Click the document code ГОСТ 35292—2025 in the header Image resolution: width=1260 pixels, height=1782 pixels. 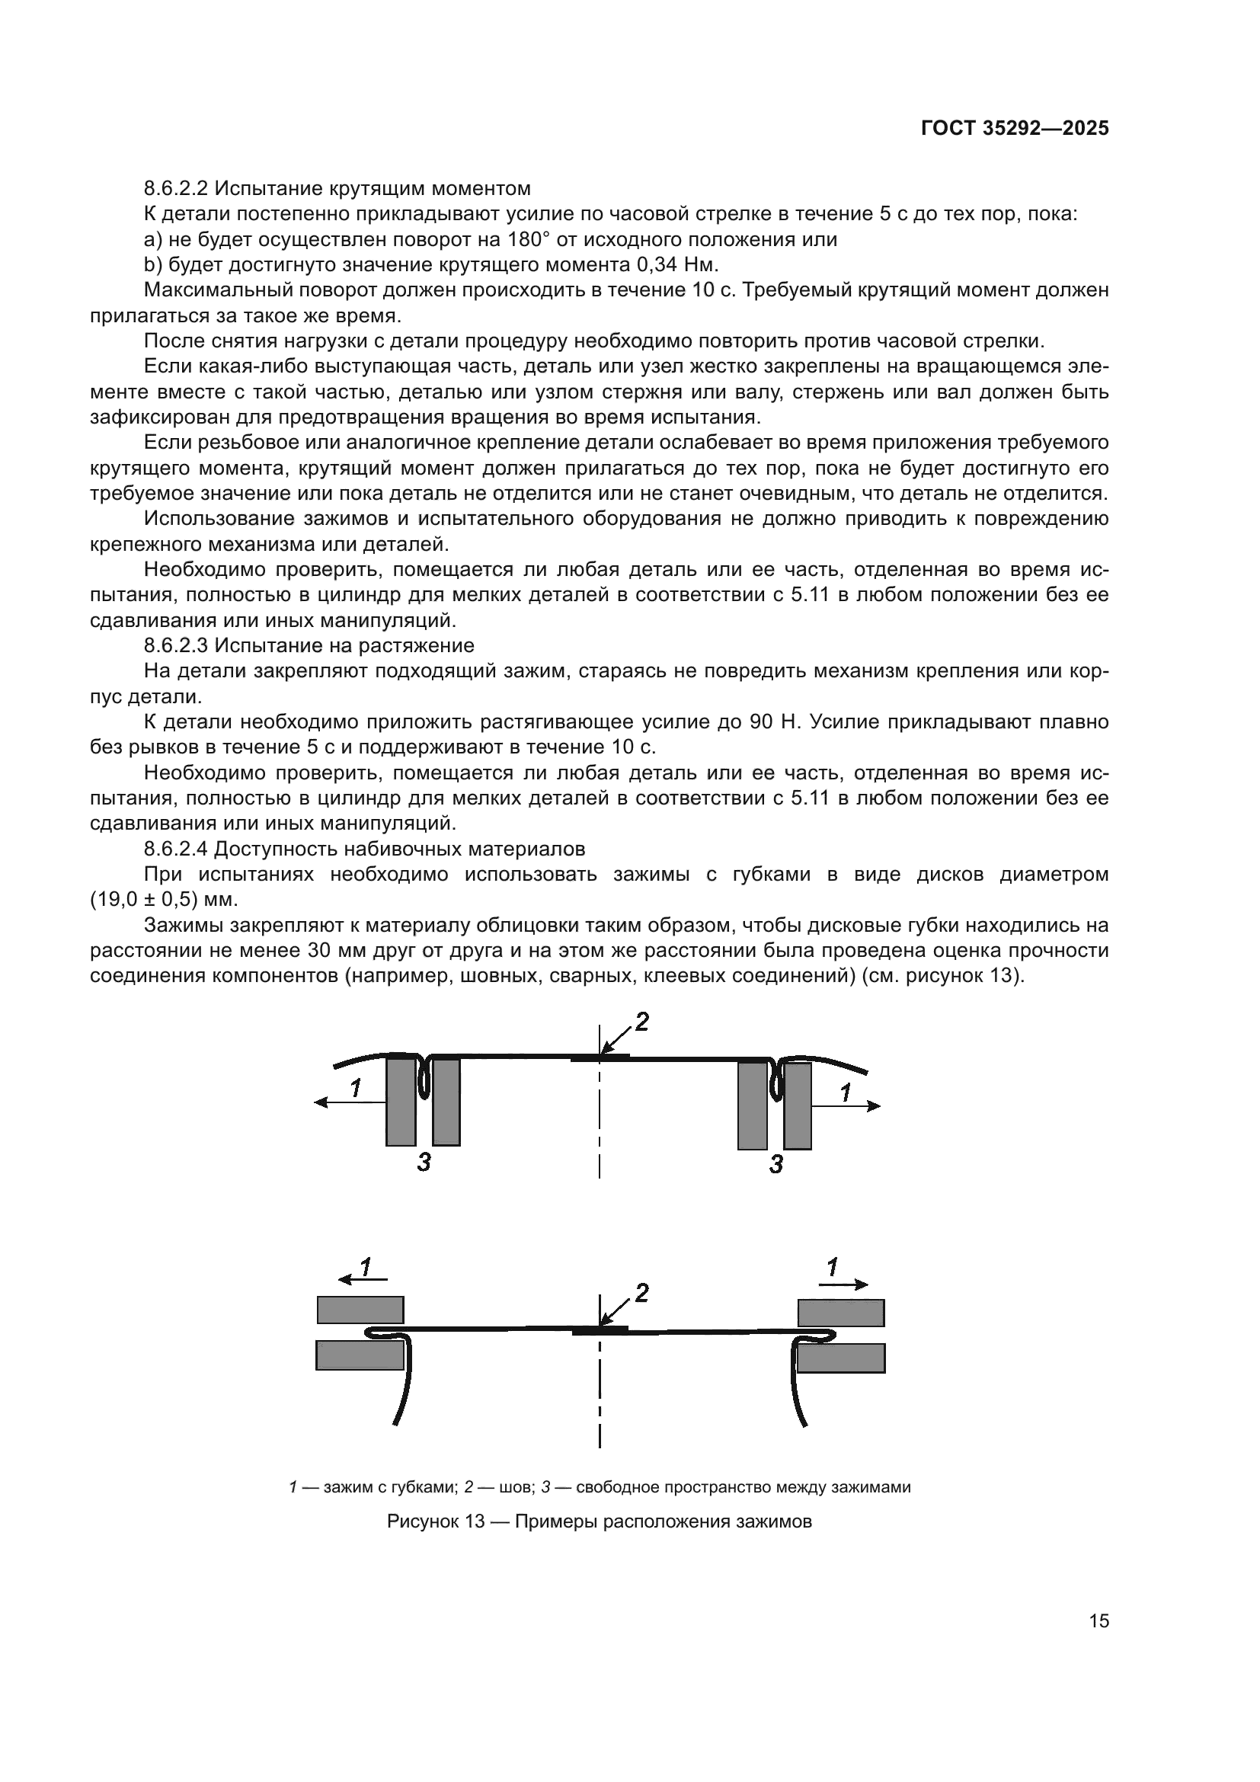pos(1015,129)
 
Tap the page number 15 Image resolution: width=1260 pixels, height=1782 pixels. pos(1099,1620)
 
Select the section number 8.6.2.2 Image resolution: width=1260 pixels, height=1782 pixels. pos(176,189)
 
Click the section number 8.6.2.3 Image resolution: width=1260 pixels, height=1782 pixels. pos(176,646)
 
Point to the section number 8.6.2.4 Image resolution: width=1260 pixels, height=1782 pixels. pos(176,849)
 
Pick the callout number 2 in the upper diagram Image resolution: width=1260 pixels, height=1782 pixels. pos(641,1023)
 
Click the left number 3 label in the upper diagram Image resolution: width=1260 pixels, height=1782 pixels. pos(424,1162)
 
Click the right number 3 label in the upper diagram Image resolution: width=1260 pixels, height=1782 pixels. pos(776,1163)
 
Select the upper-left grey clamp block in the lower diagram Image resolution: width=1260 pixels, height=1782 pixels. pos(360,1310)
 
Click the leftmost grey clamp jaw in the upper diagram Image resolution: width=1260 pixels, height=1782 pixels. pos(401,1102)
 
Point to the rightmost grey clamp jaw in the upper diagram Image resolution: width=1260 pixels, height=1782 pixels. pos(798,1106)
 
